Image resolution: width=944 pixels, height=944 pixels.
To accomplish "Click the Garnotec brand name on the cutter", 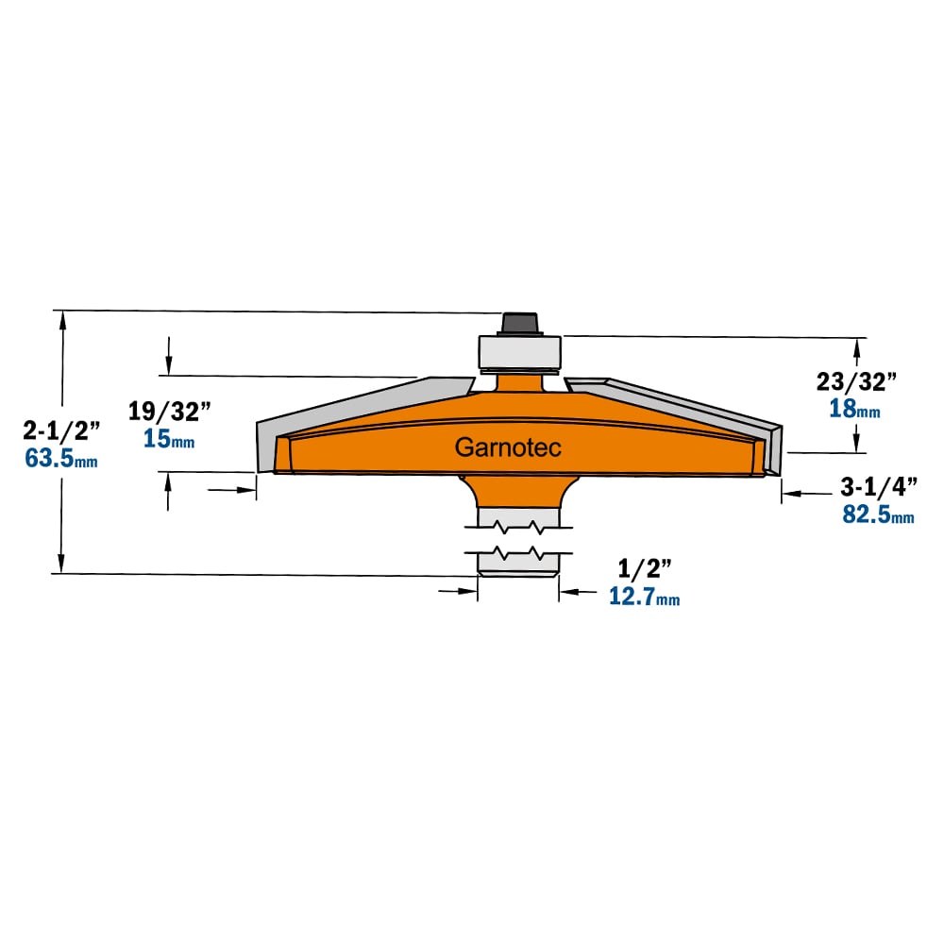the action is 508,447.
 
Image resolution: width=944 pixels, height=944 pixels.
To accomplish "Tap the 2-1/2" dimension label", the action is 61,430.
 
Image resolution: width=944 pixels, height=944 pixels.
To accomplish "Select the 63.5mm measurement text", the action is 60,459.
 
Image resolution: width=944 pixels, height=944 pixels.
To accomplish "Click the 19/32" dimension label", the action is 170,412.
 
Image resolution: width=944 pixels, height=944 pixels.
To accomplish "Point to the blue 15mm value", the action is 169,439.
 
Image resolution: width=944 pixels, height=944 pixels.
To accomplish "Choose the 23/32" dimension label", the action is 856,381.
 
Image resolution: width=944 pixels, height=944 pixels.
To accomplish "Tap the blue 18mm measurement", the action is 854,409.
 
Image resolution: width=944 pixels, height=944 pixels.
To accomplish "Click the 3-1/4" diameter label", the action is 879,487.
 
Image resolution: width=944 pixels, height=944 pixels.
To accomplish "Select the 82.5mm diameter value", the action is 878,514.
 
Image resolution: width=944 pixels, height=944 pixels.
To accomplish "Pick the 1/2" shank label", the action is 645,568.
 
